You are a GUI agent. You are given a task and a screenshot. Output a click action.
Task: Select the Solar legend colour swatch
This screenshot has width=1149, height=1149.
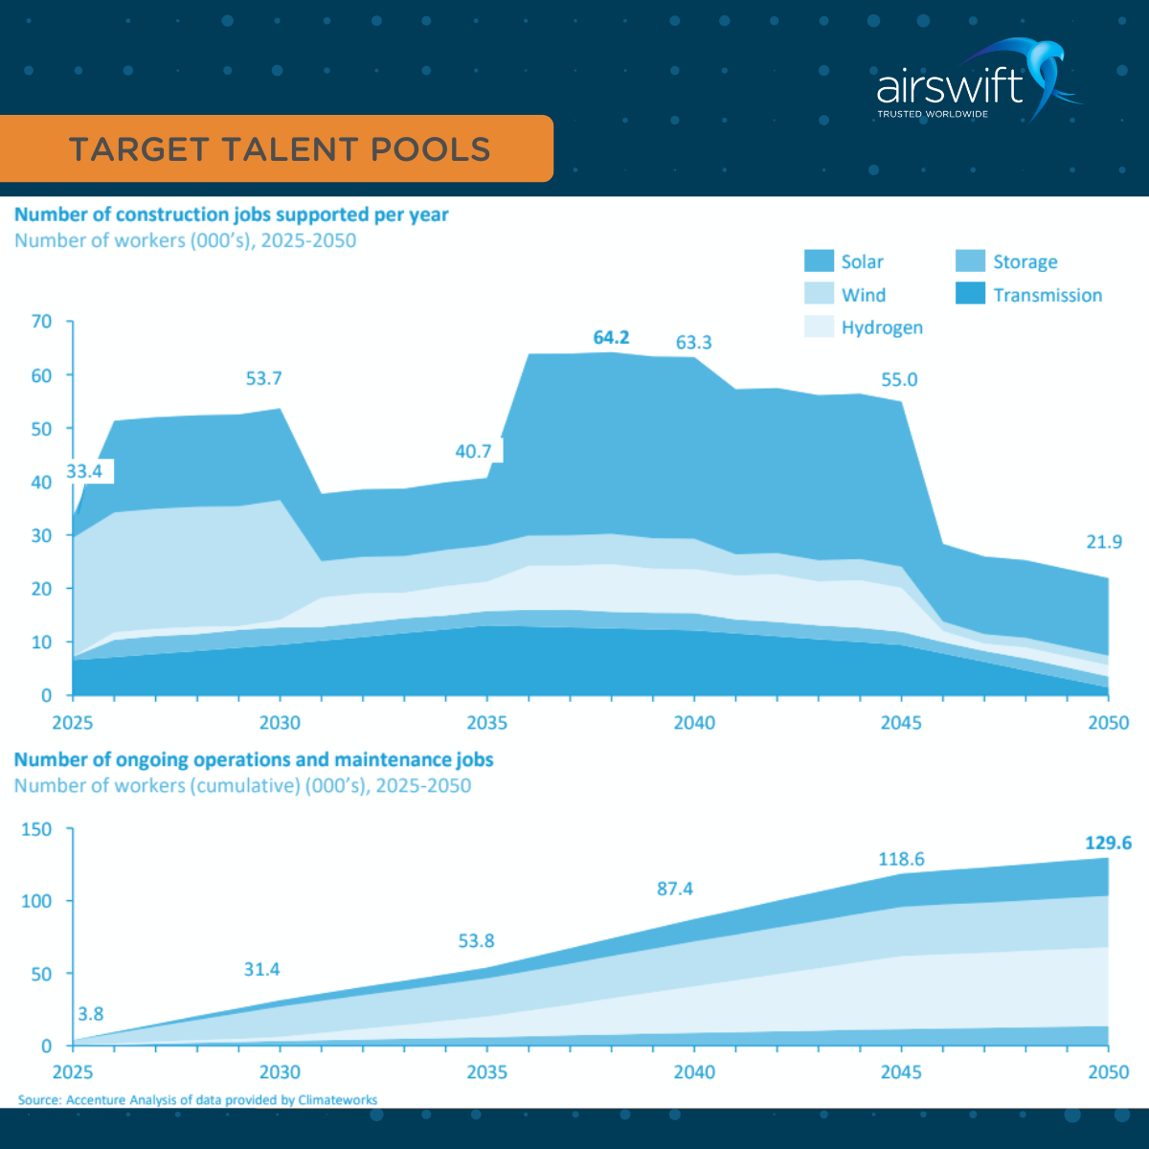(x=819, y=261)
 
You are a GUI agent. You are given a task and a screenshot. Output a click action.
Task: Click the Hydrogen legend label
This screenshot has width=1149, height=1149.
(x=882, y=327)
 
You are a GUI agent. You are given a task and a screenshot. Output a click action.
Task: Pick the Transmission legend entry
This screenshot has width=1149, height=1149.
(x=1048, y=295)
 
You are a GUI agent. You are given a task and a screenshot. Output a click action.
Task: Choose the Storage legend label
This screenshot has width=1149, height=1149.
(x=1025, y=261)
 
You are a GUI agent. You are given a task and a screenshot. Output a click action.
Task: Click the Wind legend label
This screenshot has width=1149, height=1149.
(x=863, y=295)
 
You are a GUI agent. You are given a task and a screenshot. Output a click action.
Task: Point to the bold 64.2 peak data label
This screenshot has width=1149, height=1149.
(x=611, y=337)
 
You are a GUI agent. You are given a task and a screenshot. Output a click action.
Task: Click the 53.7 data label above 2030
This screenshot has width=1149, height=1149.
(x=263, y=378)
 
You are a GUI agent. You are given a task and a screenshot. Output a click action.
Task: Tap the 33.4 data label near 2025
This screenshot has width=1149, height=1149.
(x=84, y=471)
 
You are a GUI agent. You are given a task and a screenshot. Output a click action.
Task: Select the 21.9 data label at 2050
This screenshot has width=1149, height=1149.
(x=1103, y=542)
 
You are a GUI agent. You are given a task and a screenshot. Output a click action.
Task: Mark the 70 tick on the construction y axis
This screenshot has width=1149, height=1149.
(x=41, y=322)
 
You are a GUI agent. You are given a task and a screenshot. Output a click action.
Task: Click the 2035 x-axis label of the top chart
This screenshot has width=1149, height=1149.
(x=486, y=723)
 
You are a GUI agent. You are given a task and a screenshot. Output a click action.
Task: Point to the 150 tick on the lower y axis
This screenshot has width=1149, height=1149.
(x=36, y=829)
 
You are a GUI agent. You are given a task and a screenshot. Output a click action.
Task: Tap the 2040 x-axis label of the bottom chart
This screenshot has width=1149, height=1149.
(x=693, y=1071)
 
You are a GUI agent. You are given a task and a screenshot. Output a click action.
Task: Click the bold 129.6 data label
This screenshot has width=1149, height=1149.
(x=1108, y=843)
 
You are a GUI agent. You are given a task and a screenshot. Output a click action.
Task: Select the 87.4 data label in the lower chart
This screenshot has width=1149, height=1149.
(x=674, y=889)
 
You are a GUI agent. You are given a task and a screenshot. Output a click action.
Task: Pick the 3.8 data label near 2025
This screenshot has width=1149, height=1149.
(x=90, y=1013)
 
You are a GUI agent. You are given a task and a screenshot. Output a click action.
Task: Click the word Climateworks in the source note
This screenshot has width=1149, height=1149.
(x=337, y=1100)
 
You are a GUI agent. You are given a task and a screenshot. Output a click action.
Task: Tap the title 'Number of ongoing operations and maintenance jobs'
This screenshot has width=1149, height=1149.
(x=254, y=759)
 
